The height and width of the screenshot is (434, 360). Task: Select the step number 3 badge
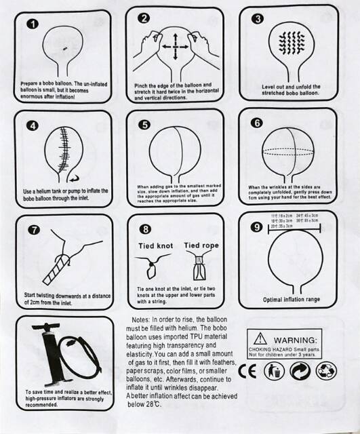click(257, 19)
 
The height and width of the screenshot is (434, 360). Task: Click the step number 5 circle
click(144, 125)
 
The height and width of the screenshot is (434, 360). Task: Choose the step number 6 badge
click(256, 123)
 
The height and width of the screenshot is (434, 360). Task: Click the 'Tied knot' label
click(156, 245)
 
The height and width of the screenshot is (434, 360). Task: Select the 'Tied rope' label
click(201, 245)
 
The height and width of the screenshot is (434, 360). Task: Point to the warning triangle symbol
click(259, 338)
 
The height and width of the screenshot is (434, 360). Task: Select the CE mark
click(249, 370)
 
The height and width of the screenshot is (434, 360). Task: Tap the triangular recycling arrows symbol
click(327, 370)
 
